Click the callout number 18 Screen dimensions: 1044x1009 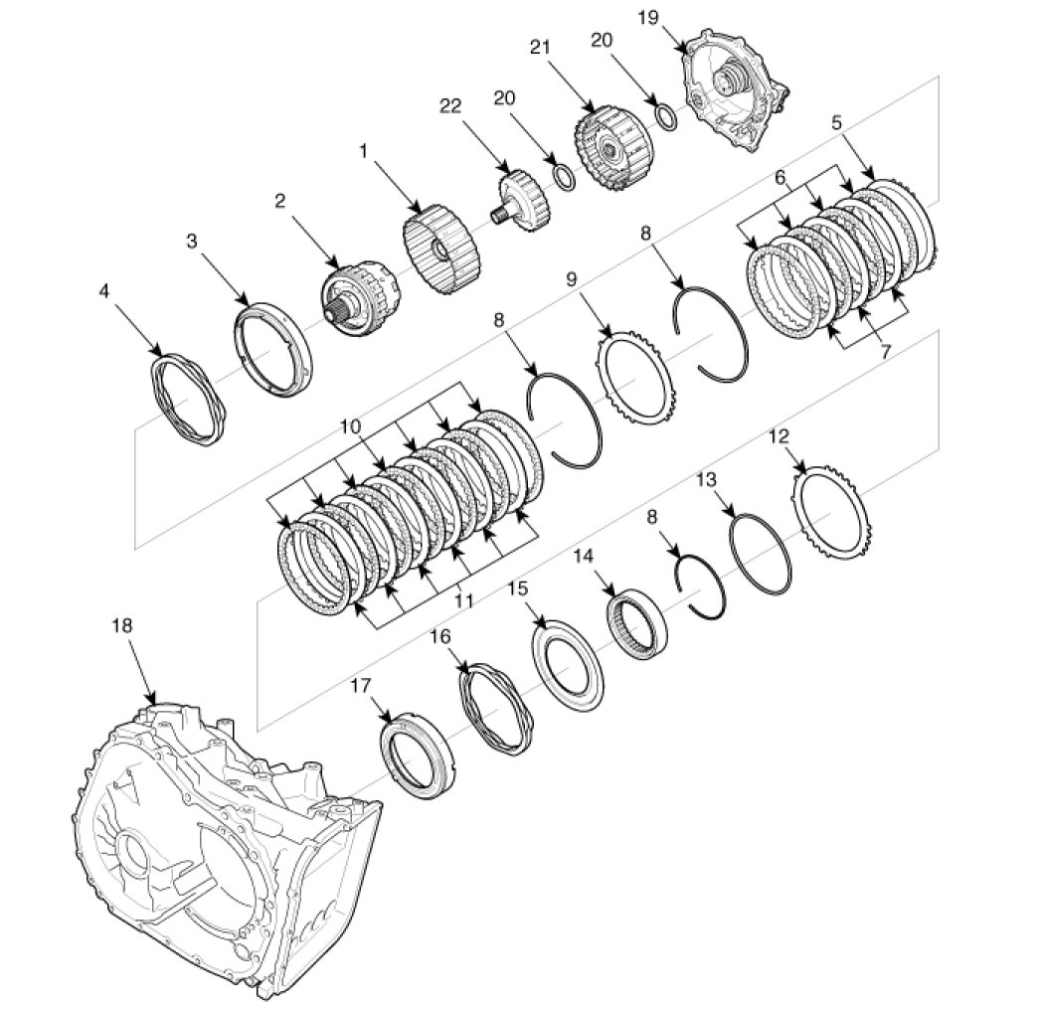tap(122, 626)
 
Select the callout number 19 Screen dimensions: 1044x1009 tap(648, 17)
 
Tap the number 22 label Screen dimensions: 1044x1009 tap(450, 105)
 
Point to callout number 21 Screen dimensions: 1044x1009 tap(540, 48)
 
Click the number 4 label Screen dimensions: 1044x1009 tap(103, 291)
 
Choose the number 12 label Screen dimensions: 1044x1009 tap(779, 436)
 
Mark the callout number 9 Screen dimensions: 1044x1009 tap(572, 279)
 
